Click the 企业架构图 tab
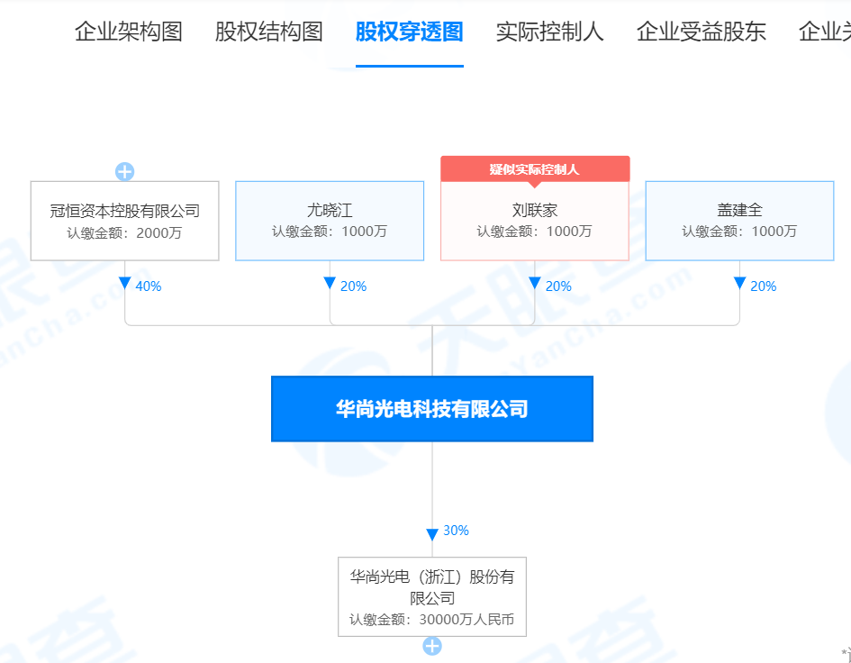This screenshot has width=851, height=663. point(128,32)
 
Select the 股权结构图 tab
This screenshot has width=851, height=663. point(268,32)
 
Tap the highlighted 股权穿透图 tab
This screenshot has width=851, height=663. point(409,32)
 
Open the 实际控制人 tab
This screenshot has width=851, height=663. point(550,32)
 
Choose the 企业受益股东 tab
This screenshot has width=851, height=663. point(702,32)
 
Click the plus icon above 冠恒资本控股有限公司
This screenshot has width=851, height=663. point(125,171)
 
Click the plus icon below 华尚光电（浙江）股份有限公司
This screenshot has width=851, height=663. point(432,646)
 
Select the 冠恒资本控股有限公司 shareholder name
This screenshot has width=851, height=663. point(125,211)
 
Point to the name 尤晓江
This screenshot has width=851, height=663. point(330,210)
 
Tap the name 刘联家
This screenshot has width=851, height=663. point(535,210)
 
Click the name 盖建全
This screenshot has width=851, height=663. point(739,210)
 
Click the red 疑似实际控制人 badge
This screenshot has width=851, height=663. point(535,169)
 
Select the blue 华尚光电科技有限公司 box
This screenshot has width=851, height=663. point(432,409)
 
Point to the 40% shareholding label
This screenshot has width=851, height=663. point(149,286)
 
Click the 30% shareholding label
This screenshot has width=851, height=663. point(456,531)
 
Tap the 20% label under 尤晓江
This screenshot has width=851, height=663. point(353,286)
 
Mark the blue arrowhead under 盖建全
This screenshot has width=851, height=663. point(739,283)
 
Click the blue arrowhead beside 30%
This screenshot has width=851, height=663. point(432,535)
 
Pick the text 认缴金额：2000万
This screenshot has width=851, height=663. point(124,233)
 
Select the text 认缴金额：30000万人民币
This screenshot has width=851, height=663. point(431,620)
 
